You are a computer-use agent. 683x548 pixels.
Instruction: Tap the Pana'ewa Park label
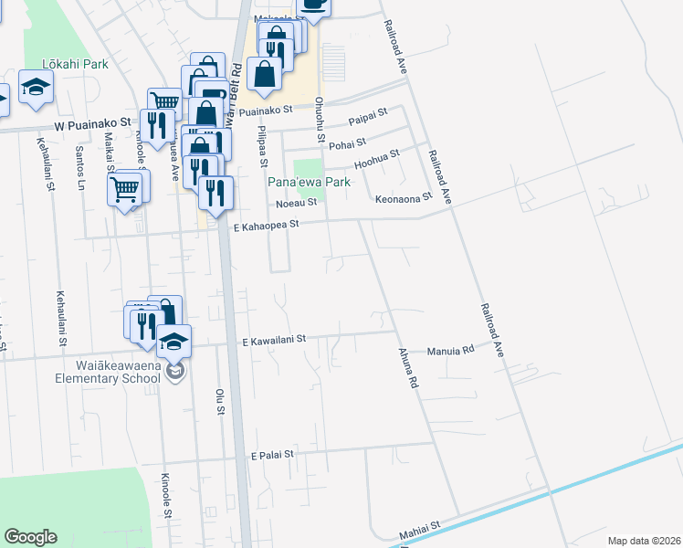pos(309,182)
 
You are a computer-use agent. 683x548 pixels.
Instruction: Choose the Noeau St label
pos(298,202)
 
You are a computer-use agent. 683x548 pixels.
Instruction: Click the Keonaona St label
pos(403,196)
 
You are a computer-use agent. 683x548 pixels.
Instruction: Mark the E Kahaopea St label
pos(267,226)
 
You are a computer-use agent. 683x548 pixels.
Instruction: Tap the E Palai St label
pos(272,453)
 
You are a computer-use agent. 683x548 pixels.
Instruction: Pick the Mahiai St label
pos(420,526)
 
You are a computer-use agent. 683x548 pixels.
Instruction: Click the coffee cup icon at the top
pos(314,5)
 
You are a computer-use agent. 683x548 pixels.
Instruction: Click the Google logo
pos(30,536)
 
